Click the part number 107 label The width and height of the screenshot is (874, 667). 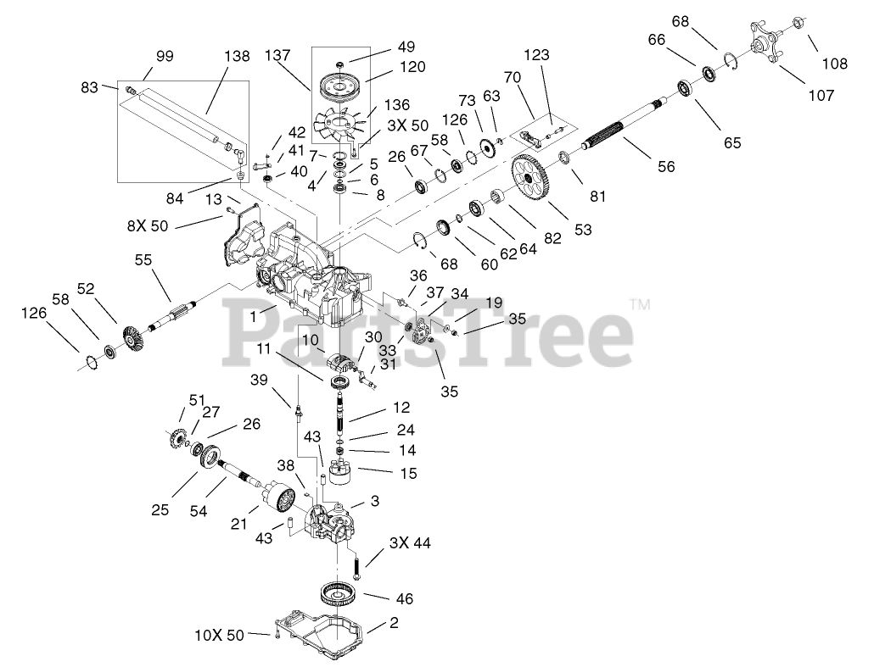[821, 96]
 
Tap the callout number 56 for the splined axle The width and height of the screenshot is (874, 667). [666, 167]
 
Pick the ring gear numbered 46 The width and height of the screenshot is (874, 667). [343, 593]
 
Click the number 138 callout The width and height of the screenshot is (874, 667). [237, 57]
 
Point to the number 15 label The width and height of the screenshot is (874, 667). [408, 474]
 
